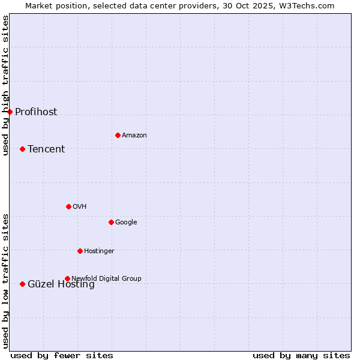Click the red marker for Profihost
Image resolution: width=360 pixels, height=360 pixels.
click(x=10, y=112)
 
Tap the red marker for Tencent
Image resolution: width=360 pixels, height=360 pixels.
click(x=22, y=149)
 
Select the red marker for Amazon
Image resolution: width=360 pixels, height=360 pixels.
click(x=118, y=135)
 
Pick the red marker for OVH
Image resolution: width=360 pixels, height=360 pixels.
click(x=68, y=206)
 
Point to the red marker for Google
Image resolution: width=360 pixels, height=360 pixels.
click(x=111, y=222)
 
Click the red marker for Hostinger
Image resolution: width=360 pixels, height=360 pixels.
click(x=80, y=251)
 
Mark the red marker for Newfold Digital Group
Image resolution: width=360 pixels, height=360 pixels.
click(x=67, y=278)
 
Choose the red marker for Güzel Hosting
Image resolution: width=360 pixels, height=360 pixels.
click(x=22, y=284)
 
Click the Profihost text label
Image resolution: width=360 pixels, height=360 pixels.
click(x=36, y=112)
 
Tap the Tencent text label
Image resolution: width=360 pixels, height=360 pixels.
click(x=46, y=149)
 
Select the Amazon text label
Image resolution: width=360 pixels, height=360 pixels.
click(x=134, y=136)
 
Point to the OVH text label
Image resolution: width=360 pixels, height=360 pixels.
click(x=80, y=207)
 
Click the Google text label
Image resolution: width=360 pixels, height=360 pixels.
click(x=126, y=223)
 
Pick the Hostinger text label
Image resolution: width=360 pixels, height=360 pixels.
click(x=99, y=251)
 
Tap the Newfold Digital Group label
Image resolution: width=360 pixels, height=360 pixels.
click(x=107, y=278)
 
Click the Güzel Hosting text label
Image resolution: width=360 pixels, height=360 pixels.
click(x=61, y=285)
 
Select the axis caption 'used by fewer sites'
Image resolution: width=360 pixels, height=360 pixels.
click(x=62, y=355)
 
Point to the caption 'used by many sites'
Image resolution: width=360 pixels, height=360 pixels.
click(x=301, y=355)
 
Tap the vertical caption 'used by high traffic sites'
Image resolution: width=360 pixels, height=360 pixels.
click(x=6, y=86)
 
